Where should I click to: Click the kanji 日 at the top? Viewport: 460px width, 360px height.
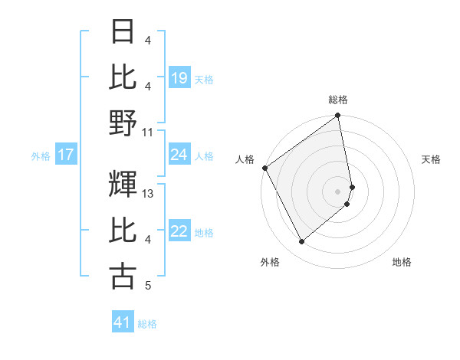tap(123, 31)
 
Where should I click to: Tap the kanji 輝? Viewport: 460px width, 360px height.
tap(123, 185)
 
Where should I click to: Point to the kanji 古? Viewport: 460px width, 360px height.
tap(123, 277)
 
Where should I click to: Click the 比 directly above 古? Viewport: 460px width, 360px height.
tap(123, 231)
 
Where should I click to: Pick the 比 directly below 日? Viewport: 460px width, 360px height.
tap(123, 77)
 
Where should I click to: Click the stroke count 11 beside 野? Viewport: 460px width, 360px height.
tap(148, 132)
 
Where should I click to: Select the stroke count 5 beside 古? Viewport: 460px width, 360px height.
tap(147, 286)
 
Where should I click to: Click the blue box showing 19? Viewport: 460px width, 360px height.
tap(179, 78)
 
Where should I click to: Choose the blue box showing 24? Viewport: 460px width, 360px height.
tap(179, 155)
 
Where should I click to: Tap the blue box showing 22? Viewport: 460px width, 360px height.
tap(179, 232)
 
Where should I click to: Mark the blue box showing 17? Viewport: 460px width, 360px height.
tap(66, 155)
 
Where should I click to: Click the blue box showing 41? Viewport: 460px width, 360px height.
tap(123, 323)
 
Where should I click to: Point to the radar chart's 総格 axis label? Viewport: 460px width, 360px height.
tap(338, 100)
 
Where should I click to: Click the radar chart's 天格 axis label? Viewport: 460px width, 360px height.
tap(432, 159)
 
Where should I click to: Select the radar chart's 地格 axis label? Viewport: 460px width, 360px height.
tap(402, 263)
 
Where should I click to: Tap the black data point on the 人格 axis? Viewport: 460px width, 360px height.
tap(264, 168)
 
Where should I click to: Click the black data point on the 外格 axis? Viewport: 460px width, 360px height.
tap(301, 242)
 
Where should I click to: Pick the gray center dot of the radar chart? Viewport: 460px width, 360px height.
tap(338, 191)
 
